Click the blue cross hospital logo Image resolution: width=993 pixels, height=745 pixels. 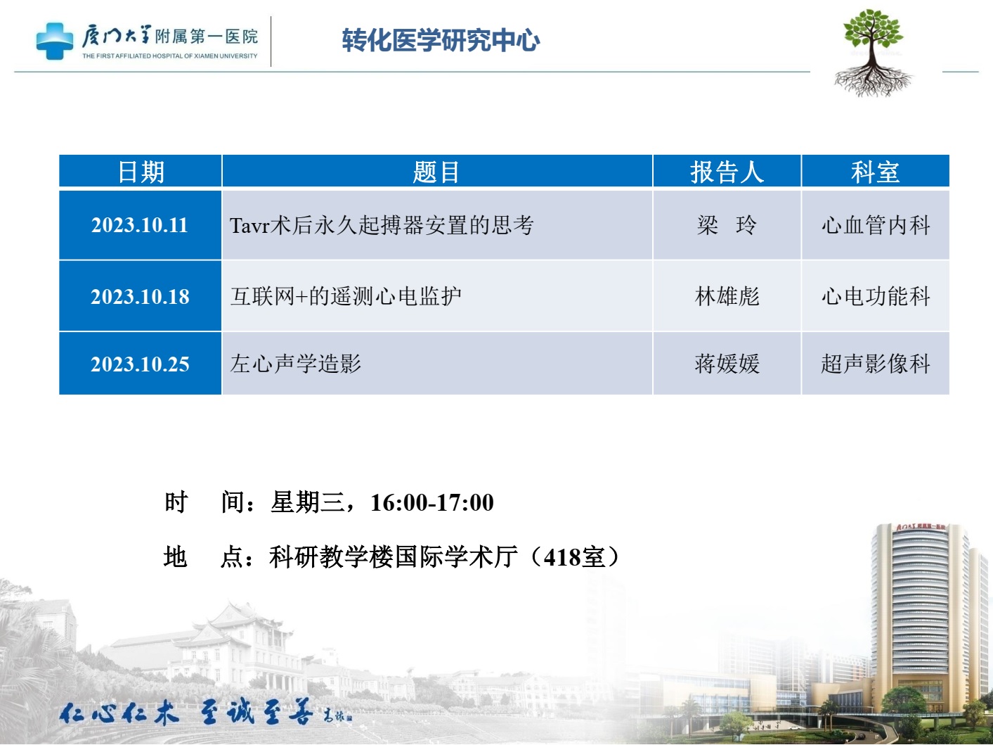click(54, 41)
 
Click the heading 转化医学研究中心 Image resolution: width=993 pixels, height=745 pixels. click(441, 40)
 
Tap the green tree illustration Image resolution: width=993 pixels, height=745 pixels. click(873, 53)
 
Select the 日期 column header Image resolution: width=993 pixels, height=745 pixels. click(141, 172)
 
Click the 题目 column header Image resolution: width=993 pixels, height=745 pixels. click(436, 172)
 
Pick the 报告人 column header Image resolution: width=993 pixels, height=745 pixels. click(727, 172)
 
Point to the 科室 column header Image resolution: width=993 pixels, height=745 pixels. click(875, 172)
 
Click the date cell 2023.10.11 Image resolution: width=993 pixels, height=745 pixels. click(140, 225)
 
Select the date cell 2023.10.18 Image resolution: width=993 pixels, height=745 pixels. click(140, 297)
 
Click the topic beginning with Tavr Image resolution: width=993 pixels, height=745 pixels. click(382, 225)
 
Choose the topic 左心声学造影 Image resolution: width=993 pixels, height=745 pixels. click(295, 364)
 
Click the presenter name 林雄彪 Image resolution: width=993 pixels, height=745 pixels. click(727, 297)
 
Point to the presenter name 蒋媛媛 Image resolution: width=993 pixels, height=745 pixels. click(727, 364)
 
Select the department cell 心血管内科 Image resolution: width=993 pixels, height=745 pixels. click(876, 225)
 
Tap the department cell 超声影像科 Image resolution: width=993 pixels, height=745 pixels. click(876, 364)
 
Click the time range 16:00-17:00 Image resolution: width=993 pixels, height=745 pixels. click(432, 502)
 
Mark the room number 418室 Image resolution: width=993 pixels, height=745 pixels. click(574, 557)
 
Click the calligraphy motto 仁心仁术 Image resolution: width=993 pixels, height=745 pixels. click(119, 714)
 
